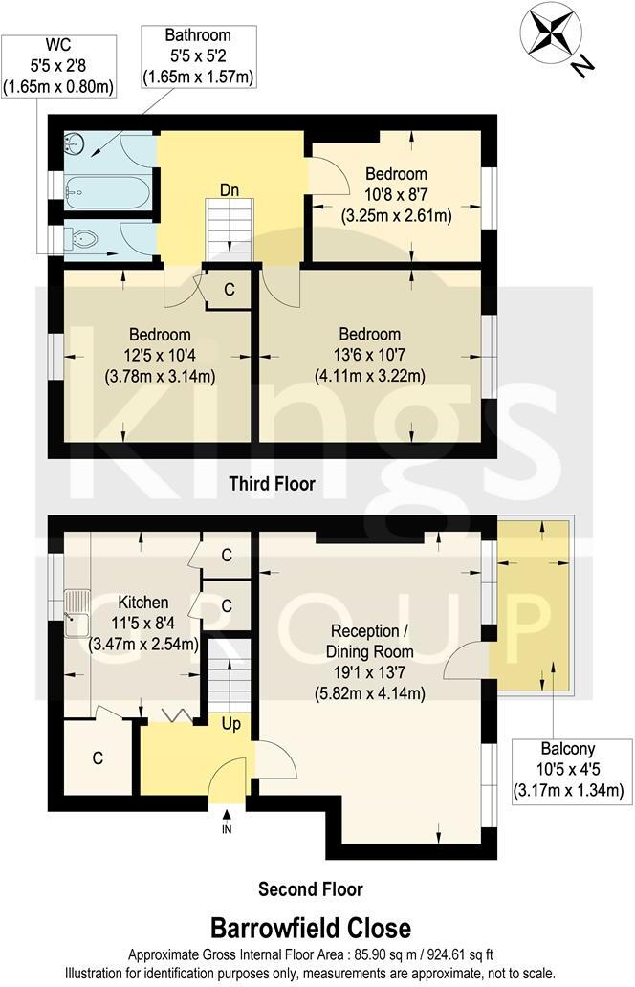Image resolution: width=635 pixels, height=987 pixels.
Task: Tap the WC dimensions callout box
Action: [x=57, y=65]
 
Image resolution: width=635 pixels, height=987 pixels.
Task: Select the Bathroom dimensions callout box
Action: [x=198, y=55]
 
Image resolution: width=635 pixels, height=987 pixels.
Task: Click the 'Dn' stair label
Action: [x=230, y=189]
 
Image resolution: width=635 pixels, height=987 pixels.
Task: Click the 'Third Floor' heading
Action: [x=272, y=484]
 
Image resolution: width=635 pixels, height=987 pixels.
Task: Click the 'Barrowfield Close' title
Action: [x=311, y=927]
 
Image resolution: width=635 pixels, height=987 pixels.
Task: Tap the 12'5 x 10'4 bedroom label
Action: [x=160, y=356]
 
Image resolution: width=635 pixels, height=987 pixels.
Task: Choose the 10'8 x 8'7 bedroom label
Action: [x=396, y=195]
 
